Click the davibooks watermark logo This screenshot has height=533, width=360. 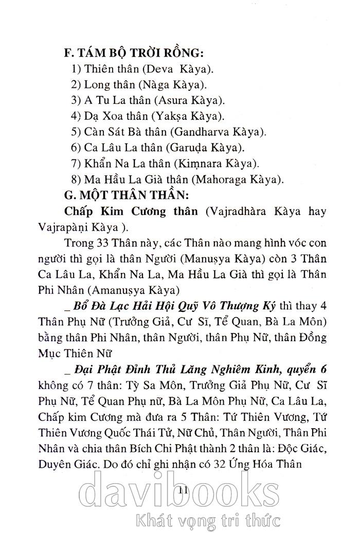[x=180, y=489]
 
